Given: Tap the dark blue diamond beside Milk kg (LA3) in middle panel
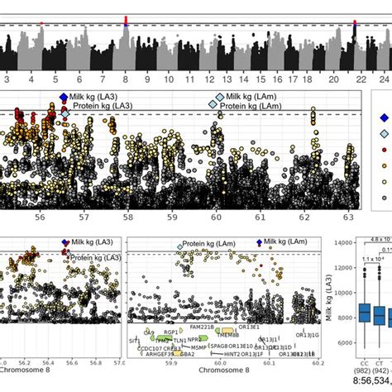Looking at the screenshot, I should click(x=64, y=98).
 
